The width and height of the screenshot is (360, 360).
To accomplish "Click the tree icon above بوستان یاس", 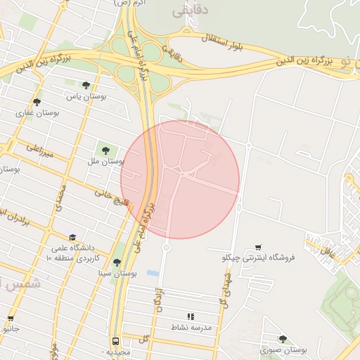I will click(86, 85).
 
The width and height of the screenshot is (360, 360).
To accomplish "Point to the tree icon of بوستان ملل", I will click(105, 150).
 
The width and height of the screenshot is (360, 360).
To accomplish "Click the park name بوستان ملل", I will click(105, 161).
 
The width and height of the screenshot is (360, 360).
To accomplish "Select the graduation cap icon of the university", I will click(73, 238).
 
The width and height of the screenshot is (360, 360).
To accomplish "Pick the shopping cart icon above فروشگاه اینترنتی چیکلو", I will click(259, 247).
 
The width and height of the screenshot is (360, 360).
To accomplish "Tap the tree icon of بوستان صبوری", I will click(283, 339).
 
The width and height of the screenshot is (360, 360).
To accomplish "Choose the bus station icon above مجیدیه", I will click(115, 340).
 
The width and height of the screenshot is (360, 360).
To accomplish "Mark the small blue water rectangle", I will click(153, 272).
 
